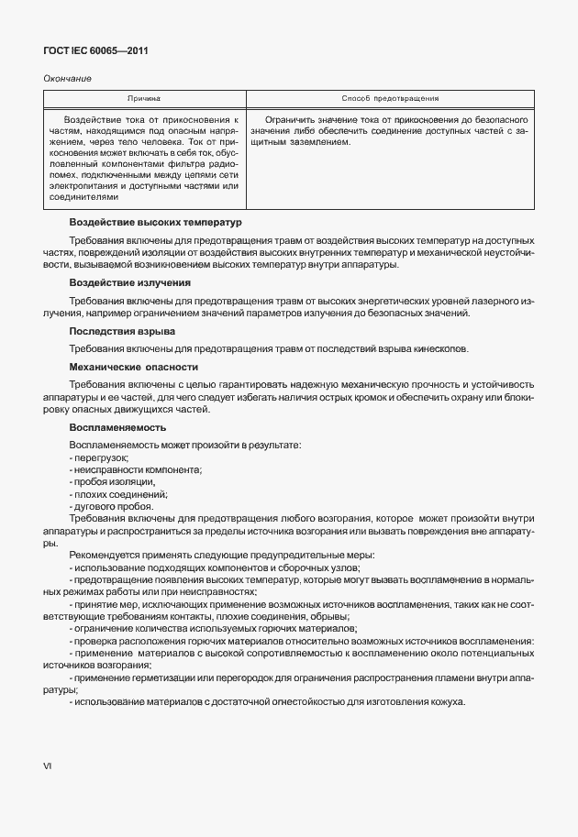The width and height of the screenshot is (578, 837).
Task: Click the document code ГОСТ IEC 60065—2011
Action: (95, 51)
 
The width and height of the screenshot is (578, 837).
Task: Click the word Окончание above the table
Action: (67, 78)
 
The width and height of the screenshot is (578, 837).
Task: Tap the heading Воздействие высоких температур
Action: (155, 222)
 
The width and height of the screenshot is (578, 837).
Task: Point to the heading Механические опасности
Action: (134, 367)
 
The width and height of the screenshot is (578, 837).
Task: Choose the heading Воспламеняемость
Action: (117, 427)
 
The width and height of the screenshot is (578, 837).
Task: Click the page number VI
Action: (48, 765)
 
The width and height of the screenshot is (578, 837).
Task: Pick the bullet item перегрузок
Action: (100, 457)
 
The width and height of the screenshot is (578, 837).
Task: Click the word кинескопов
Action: (440, 348)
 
